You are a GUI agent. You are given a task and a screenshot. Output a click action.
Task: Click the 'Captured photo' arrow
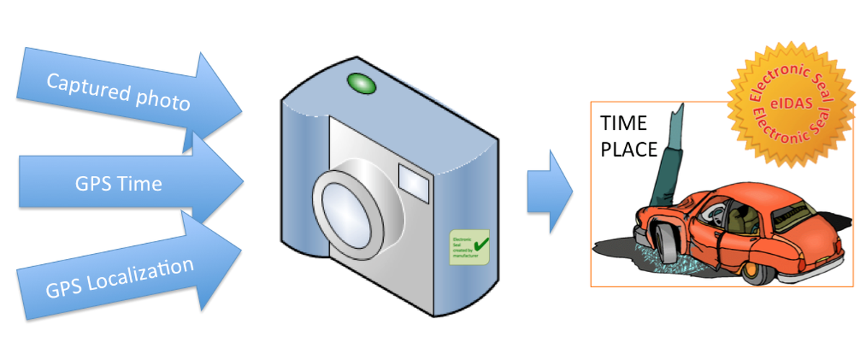pyautogui.click(x=123, y=92)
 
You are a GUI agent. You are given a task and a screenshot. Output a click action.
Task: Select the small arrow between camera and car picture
pyautogui.click(x=548, y=192)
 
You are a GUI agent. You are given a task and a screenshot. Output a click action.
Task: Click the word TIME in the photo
pyautogui.click(x=624, y=124)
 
